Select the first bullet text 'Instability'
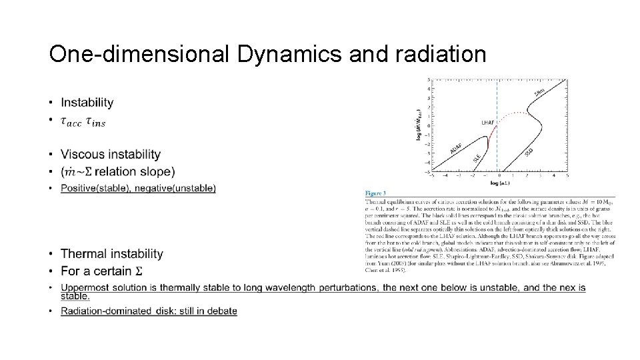click(87, 103)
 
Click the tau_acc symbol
click(71, 122)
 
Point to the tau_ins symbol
click(95, 122)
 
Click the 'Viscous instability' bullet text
click(111, 155)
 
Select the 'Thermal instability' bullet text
click(112, 254)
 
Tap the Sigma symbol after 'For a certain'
click(139, 271)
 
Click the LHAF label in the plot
click(488, 123)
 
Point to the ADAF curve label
click(458, 149)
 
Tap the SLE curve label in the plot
click(477, 158)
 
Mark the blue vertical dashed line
click(497, 100)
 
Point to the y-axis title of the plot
click(419, 125)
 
